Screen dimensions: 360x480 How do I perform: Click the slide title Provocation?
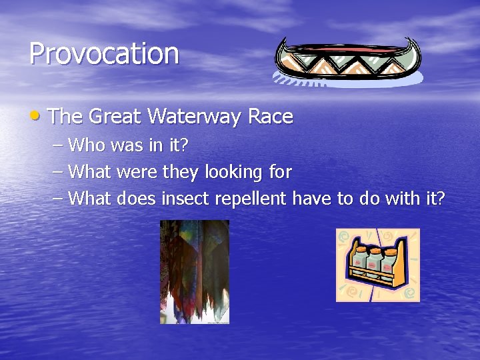tap(104, 54)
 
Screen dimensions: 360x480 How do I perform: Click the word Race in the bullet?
tap(270, 117)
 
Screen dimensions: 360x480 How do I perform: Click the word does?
tap(137, 199)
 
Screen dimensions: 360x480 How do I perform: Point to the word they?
tap(181, 173)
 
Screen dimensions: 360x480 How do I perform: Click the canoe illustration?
tap(347, 60)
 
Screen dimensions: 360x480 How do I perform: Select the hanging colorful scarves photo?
tap(194, 271)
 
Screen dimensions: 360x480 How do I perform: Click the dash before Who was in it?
tap(58, 145)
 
